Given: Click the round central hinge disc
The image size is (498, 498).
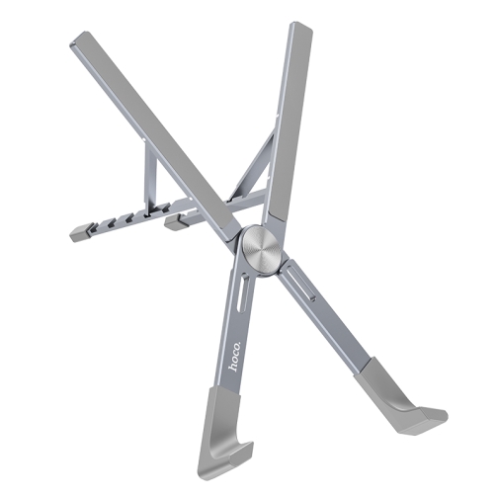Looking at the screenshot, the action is pyautogui.click(x=262, y=250).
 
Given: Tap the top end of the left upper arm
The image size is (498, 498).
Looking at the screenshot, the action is pyautogui.click(x=78, y=39).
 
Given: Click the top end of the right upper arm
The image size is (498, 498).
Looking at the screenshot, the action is pyautogui.click(x=300, y=27).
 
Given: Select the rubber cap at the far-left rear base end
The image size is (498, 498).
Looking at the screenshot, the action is pyautogui.click(x=79, y=232).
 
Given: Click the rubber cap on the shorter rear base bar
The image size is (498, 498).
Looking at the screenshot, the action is pyautogui.click(x=174, y=222).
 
